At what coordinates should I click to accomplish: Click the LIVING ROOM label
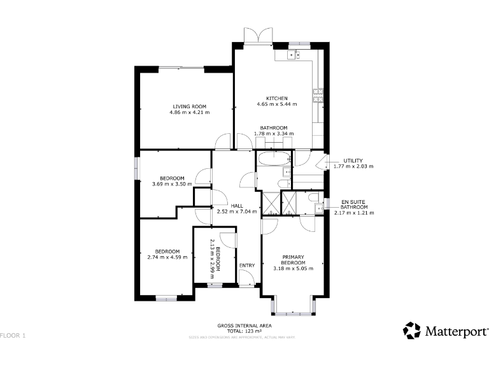(189, 106)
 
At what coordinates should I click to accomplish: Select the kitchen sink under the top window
(294, 55)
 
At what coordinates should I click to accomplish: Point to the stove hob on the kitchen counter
(317, 96)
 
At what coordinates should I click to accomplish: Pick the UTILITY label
(353, 161)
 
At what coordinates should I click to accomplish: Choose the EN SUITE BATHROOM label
(354, 205)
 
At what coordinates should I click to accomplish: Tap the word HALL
(237, 206)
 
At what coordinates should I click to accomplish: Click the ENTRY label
(246, 265)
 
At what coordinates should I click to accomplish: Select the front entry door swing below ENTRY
(246, 277)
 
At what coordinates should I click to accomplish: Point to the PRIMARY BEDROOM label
(294, 260)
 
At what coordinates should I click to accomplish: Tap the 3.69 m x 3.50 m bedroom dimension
(172, 184)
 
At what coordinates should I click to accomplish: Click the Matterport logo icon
(411, 331)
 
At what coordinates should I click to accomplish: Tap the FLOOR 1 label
(13, 335)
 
